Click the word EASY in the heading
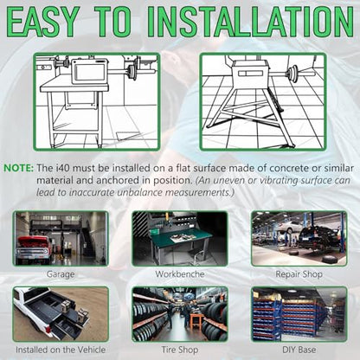point(42,22)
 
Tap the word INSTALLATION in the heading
point(250,22)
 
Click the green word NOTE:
point(19,168)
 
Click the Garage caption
point(61,274)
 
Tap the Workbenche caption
point(180,274)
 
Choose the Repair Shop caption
point(299,274)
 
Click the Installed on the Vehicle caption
point(61,350)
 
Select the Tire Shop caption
point(180,350)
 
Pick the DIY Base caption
point(299,350)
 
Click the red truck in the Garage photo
point(34,248)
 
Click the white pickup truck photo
point(61,314)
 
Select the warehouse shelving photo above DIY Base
point(299,314)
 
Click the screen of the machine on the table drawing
point(90,72)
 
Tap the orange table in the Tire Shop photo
point(196,320)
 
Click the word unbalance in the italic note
point(141,192)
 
